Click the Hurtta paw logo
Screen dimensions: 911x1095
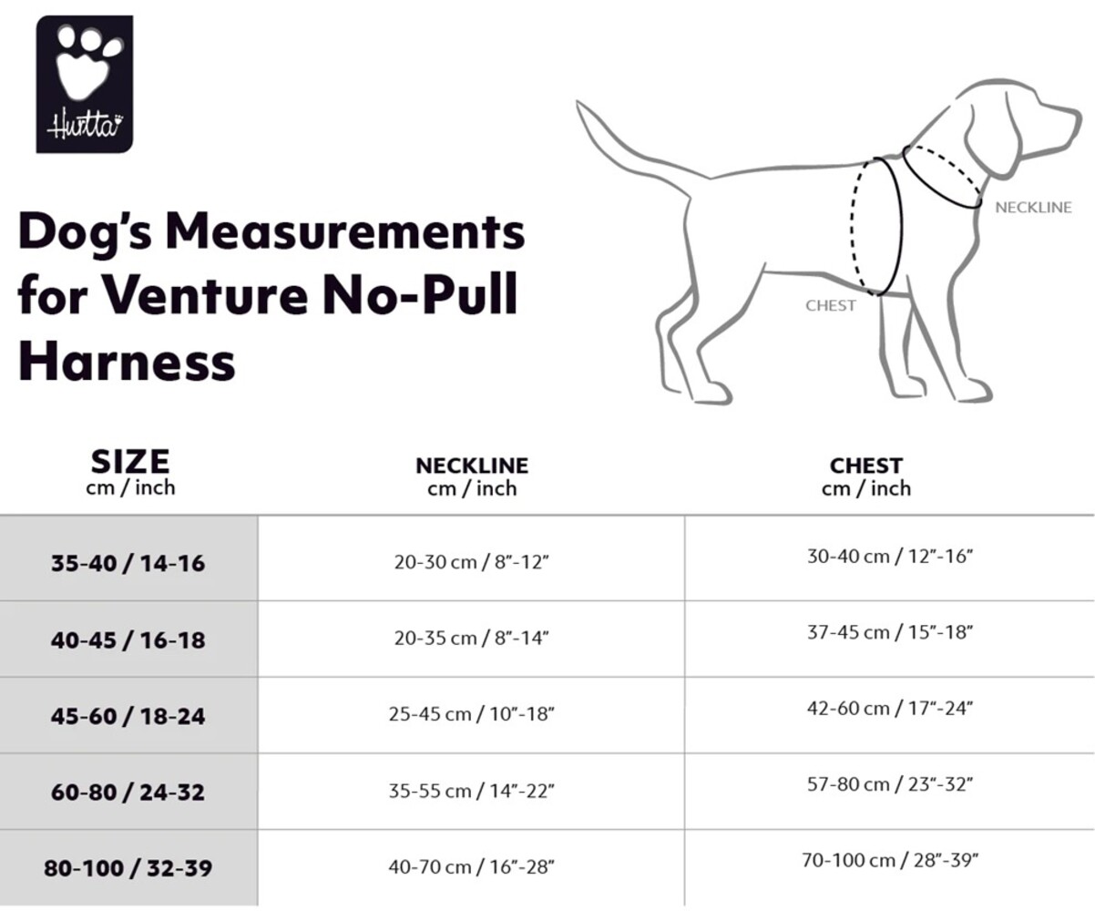tap(85, 83)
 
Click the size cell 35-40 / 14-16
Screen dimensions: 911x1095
tap(128, 563)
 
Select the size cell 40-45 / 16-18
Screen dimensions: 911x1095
tap(128, 640)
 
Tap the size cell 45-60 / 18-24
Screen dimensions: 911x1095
tap(128, 716)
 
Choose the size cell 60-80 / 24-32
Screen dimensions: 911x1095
tap(128, 792)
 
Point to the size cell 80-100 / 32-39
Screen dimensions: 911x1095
tap(128, 868)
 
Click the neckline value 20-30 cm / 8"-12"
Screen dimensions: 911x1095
tap(471, 562)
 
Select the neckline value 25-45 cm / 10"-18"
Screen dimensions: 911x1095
tap(471, 714)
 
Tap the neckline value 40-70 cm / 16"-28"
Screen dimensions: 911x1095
tap(471, 867)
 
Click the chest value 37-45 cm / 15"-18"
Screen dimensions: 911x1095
tap(890, 631)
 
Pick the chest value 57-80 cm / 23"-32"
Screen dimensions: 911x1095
tap(890, 783)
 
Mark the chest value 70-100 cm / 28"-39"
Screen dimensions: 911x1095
tap(890, 859)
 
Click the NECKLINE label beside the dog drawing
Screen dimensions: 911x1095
tap(1033, 208)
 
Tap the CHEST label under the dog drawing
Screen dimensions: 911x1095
tap(831, 306)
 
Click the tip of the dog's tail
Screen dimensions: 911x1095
tap(580, 106)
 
